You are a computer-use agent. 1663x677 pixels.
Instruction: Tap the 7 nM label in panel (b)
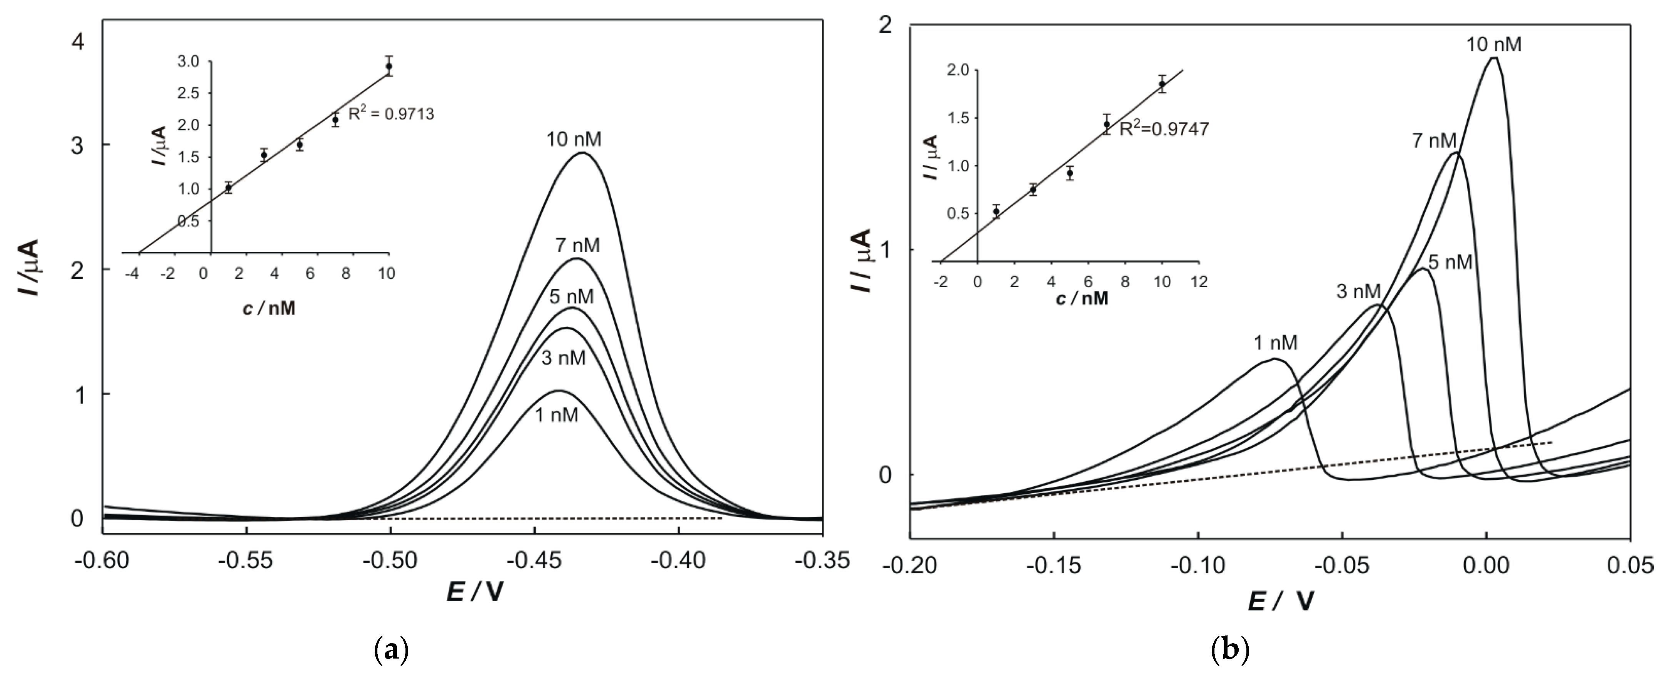[1434, 141]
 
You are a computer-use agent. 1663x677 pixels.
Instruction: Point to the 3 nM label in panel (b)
[1358, 292]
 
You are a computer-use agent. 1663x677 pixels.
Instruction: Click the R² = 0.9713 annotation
[391, 114]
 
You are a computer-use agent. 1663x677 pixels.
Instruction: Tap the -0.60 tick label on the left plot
[102, 562]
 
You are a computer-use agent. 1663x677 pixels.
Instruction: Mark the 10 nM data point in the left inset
[389, 66]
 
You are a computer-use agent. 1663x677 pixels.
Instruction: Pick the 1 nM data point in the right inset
[996, 211]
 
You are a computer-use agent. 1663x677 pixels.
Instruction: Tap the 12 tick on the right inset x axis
[1198, 282]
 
